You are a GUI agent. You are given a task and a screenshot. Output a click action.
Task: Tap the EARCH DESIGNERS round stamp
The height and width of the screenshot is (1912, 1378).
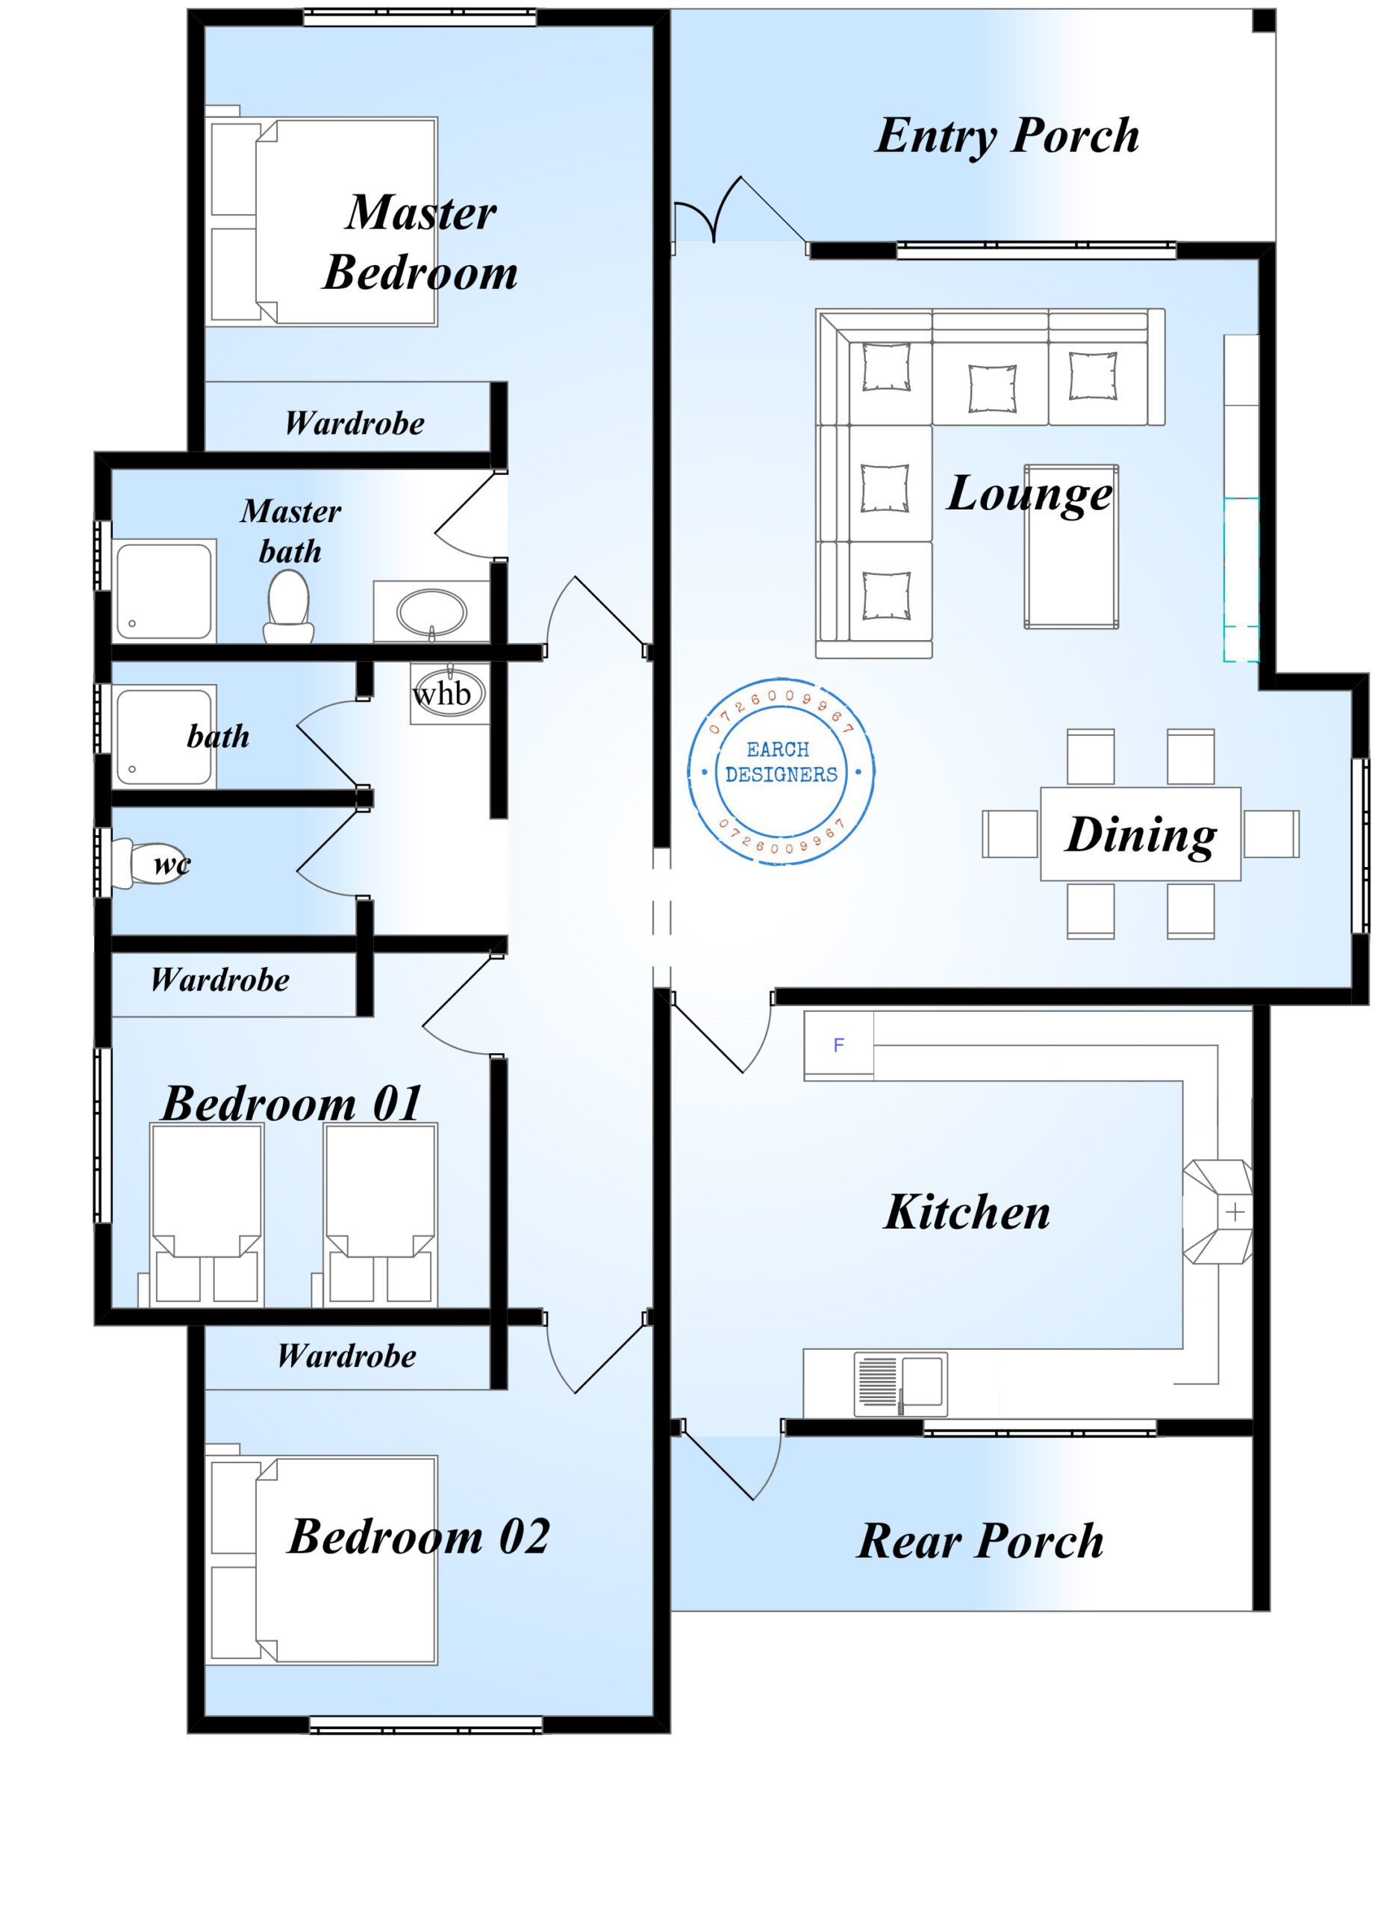click(x=781, y=772)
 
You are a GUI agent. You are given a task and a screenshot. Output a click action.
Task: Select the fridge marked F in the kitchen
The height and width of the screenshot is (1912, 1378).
click(x=838, y=1045)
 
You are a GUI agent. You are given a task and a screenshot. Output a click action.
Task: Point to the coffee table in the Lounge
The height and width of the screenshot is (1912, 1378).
click(x=1070, y=546)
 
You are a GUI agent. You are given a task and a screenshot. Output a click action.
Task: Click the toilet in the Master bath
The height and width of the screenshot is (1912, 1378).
click(x=288, y=607)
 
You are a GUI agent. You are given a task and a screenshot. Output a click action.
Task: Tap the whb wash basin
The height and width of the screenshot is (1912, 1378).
click(x=449, y=693)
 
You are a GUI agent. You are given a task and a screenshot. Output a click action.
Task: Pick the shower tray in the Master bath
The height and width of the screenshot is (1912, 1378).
click(x=163, y=591)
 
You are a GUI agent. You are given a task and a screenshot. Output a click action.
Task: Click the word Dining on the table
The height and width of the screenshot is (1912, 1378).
click(x=1141, y=834)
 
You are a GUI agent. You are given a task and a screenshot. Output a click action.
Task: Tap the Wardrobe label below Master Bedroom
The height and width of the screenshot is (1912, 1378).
click(x=354, y=423)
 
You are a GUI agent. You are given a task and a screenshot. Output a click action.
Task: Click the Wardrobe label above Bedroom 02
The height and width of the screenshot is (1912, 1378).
click(x=346, y=1356)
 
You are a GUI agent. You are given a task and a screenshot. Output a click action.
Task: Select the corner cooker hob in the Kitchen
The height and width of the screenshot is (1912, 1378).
click(x=1220, y=1212)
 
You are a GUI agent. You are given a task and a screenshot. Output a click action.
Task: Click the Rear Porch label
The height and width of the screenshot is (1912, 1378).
click(x=980, y=1541)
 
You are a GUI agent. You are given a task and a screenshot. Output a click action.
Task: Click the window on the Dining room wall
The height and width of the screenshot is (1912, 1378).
click(x=1359, y=845)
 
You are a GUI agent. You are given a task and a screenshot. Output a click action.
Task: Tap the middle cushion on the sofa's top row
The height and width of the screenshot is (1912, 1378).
click(x=991, y=388)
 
